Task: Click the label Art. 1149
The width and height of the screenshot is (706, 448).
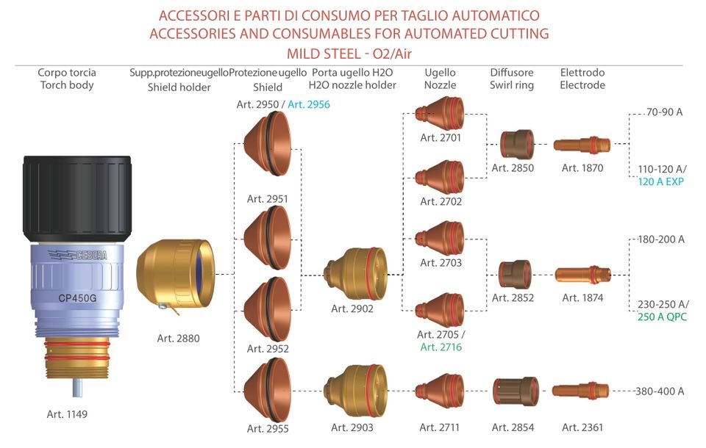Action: (x=67, y=414)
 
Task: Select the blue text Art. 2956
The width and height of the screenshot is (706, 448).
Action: (x=309, y=104)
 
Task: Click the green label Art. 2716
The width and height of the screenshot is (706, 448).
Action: (x=441, y=347)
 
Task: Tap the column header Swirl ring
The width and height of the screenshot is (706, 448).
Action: (x=512, y=85)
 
